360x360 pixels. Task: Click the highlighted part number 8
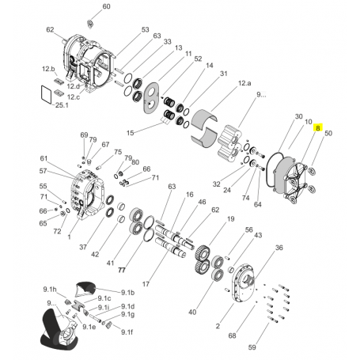pos(318,128)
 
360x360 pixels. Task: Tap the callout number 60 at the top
pos(106,6)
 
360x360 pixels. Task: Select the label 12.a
pos(244,83)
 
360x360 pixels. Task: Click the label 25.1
pos(62,105)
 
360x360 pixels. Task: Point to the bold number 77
pos(122,270)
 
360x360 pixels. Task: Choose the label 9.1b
pos(128,293)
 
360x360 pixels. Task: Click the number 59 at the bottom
pos(252,347)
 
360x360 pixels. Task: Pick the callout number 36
pos(279,248)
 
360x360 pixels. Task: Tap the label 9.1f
pos(127,332)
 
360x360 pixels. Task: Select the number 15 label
pos(131,133)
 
